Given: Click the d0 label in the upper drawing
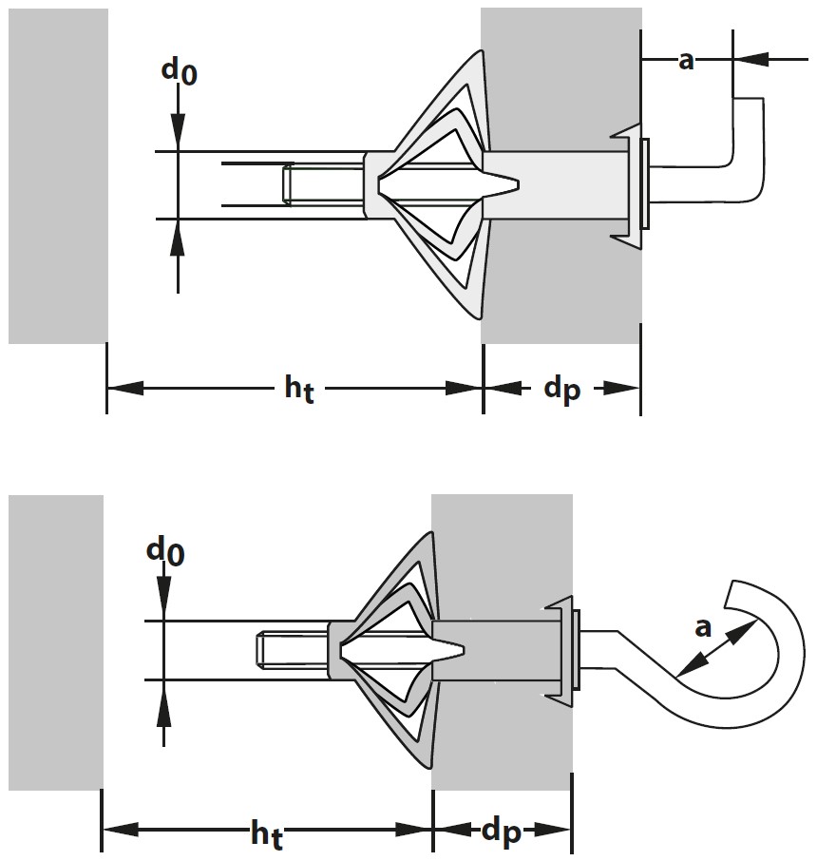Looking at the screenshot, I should (x=178, y=73).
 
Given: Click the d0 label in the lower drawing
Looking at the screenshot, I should (x=165, y=550).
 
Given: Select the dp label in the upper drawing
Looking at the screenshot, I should (x=561, y=390).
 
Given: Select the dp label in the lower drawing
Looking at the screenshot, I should (x=502, y=833).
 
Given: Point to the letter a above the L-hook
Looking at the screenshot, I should (x=686, y=61).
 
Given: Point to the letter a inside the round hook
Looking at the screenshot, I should (x=703, y=627).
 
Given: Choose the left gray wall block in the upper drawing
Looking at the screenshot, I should (x=57, y=176).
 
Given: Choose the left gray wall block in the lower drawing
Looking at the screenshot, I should (x=54, y=641).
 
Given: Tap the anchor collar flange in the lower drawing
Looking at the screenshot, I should (x=562, y=651).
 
